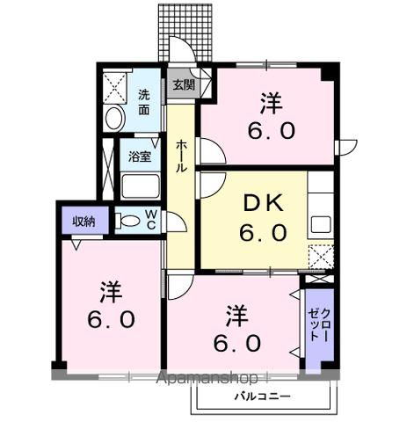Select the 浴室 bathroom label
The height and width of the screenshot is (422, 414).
point(140,157)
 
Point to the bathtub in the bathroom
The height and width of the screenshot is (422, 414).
point(139,186)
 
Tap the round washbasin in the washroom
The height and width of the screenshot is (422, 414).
point(114,119)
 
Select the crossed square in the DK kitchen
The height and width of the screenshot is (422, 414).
point(321,257)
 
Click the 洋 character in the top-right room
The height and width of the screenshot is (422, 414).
point(271,102)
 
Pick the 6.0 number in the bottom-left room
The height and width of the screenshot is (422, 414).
point(109,319)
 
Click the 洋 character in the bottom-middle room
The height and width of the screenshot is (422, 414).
point(235,314)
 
